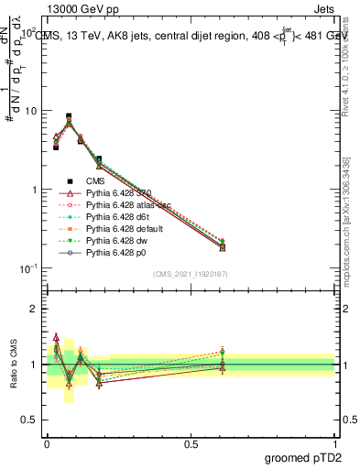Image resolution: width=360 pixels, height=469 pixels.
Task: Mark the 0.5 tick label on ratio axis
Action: tap(28, 420)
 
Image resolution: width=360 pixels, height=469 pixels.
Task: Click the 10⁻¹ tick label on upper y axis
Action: tap(27, 268)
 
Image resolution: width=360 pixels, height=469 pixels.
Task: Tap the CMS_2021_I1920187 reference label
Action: tap(191, 274)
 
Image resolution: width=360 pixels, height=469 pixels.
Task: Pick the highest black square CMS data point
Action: tap(69, 116)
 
